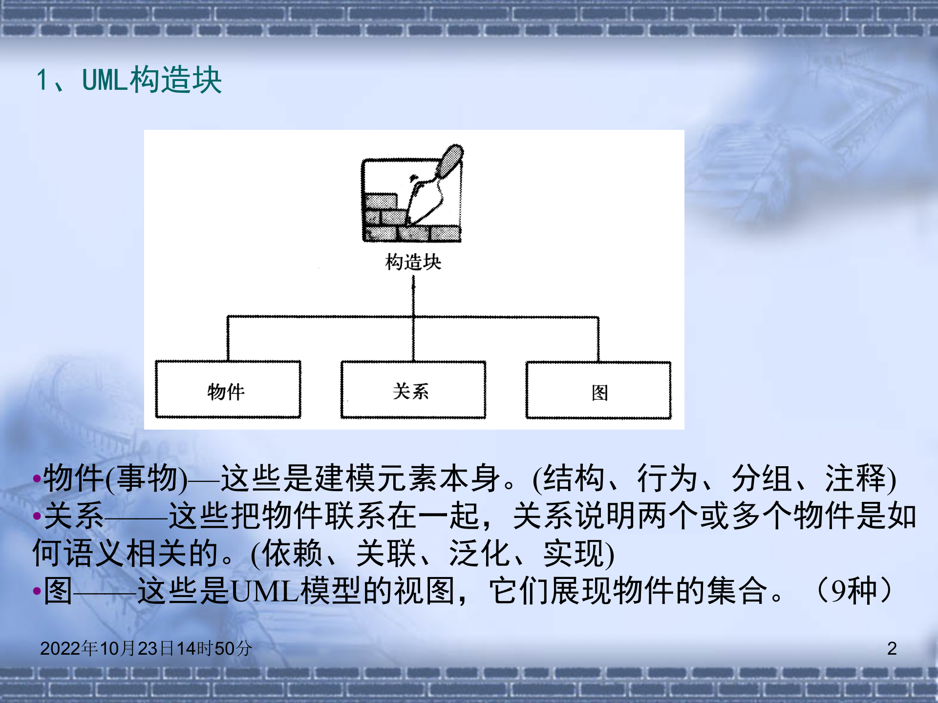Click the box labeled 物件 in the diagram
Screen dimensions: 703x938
click(228, 390)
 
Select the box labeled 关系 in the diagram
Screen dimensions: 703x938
click(413, 390)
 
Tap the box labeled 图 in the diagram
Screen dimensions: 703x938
click(598, 391)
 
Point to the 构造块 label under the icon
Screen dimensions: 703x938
click(413, 262)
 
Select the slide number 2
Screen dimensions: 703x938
click(892, 648)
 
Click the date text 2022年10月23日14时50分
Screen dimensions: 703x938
click(146, 648)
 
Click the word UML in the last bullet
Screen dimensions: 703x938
click(264, 591)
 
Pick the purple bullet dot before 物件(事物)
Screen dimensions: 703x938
click(37, 479)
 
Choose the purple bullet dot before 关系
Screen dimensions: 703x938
click(37, 516)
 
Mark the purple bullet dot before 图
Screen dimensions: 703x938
click(37, 591)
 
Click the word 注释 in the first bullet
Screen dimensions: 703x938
click(855, 478)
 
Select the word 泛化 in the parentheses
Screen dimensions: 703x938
click(479, 554)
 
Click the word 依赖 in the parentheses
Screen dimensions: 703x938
click(292, 554)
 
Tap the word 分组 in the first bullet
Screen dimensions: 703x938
click(761, 478)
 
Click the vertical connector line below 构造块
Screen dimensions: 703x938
click(413, 295)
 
